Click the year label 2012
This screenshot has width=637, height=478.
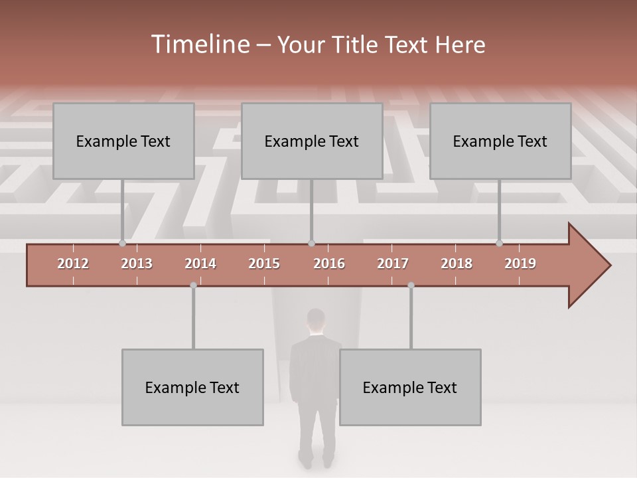73,264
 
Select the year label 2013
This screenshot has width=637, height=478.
137,264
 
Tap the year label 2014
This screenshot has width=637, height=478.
200,264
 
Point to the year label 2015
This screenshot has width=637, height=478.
264,264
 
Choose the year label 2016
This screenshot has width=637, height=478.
329,264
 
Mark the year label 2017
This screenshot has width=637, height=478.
393,264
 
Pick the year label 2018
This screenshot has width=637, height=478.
457,264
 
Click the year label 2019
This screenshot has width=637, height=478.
520,264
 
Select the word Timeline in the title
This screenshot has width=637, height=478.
199,44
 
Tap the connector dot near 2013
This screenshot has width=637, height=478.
122,243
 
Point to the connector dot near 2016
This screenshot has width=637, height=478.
311,243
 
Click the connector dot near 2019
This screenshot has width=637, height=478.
499,243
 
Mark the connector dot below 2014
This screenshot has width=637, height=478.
193,285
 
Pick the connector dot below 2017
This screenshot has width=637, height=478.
411,285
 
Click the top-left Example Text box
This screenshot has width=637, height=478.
123,141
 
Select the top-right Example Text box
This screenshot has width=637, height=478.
500,141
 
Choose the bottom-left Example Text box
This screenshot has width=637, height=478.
192,387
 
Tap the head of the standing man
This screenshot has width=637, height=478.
316,321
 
